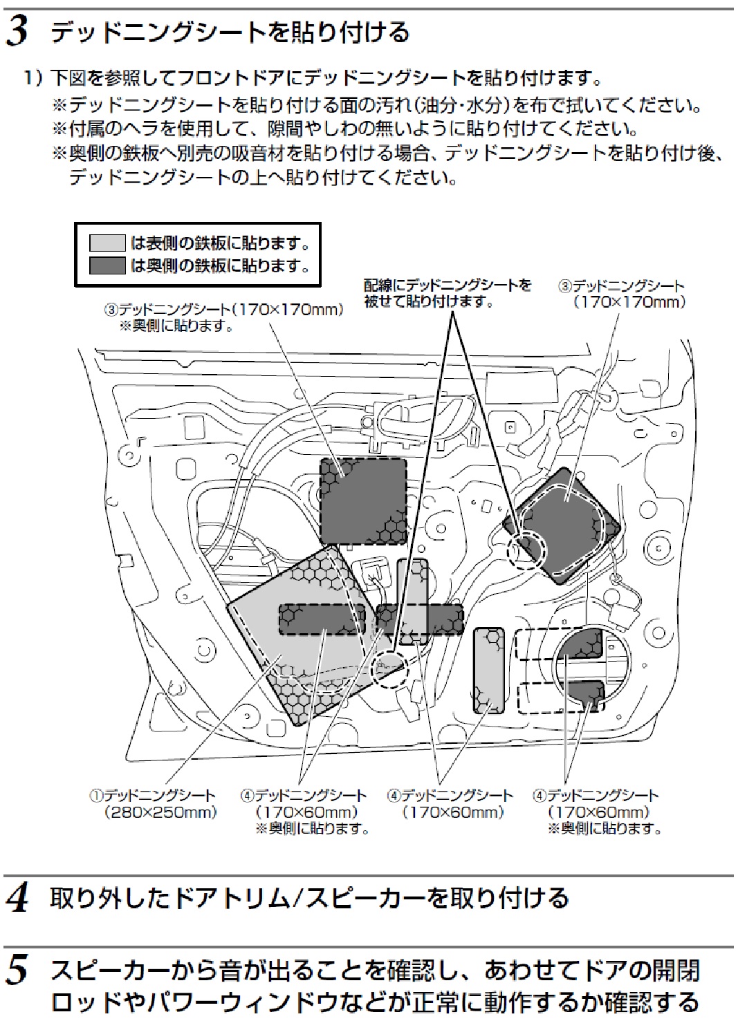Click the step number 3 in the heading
coord(18,32)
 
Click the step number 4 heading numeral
coord(18,899)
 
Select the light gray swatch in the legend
coord(108,243)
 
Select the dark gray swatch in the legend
coord(108,265)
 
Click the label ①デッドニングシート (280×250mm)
coord(154,804)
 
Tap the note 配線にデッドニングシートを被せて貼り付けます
coord(448,293)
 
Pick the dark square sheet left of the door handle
coord(362,500)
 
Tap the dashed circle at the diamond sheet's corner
coord(526,550)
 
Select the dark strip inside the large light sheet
coord(322,619)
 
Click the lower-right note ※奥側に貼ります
coord(605,828)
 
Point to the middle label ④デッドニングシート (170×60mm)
coord(450,804)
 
